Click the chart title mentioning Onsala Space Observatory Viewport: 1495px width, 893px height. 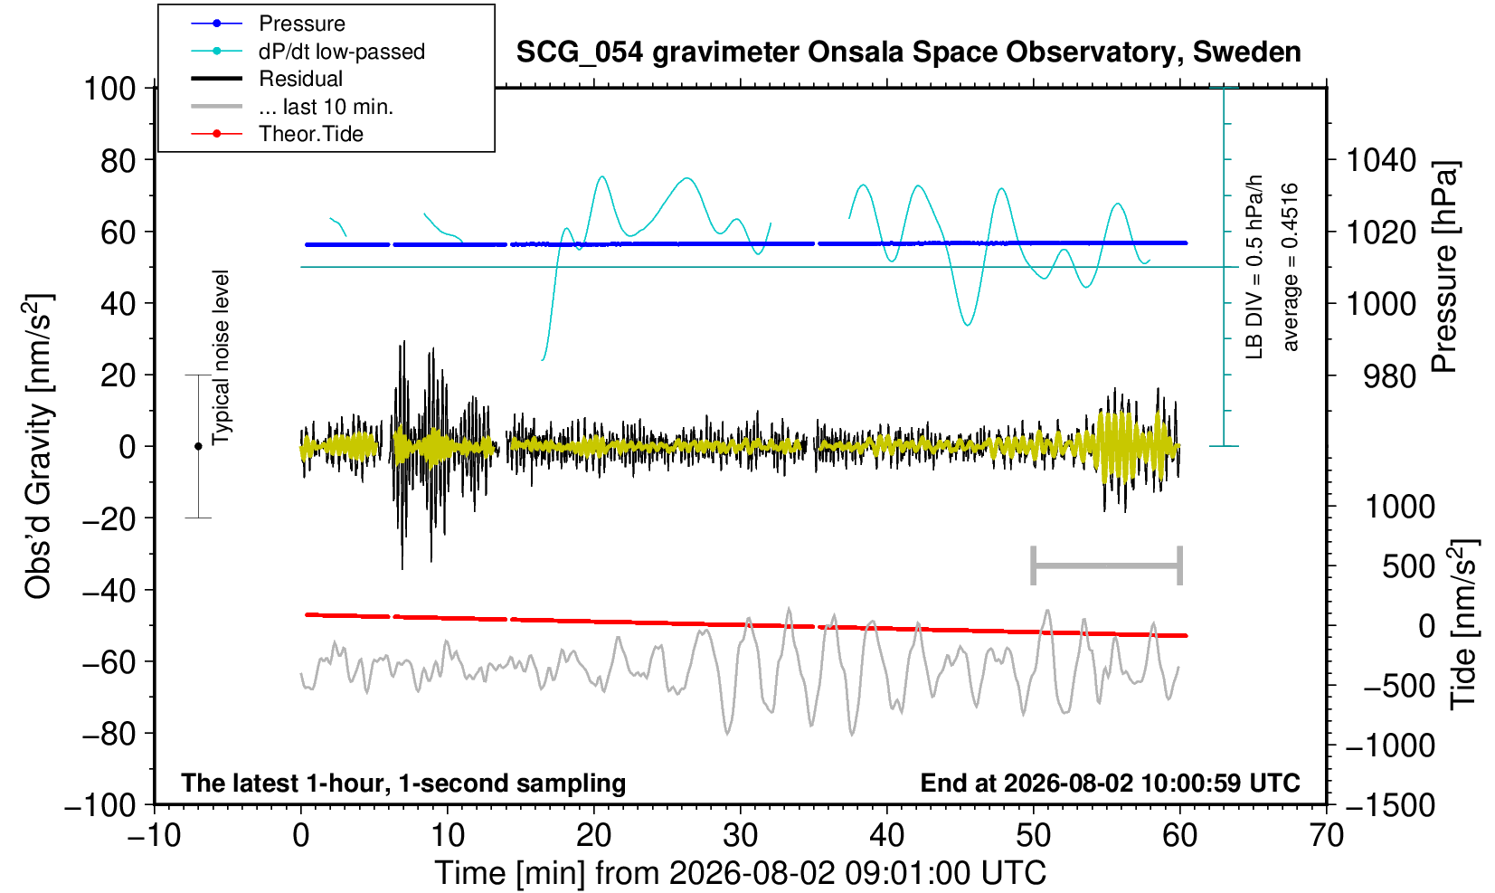click(x=908, y=52)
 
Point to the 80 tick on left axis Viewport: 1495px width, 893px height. click(x=118, y=160)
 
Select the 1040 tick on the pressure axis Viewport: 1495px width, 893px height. click(x=1381, y=160)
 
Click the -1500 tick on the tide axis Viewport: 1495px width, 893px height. click(x=1389, y=805)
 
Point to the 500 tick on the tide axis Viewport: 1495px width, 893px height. click(x=1408, y=567)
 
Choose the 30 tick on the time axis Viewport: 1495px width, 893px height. click(x=740, y=836)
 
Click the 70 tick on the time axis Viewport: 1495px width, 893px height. click(x=1326, y=836)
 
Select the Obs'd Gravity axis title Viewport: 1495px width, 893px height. click(x=38, y=446)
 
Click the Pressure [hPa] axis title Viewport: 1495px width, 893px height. click(x=1444, y=267)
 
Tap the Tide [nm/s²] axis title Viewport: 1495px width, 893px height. click(x=1464, y=625)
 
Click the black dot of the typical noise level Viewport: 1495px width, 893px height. click(x=198, y=446)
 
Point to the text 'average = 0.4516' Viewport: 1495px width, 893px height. click(x=1290, y=267)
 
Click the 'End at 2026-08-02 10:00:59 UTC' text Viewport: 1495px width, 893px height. click(x=1110, y=783)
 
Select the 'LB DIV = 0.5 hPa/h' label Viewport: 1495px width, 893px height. click(x=1254, y=267)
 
